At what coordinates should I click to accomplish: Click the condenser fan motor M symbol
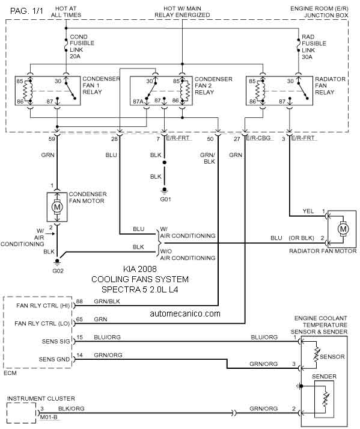[x=57, y=207]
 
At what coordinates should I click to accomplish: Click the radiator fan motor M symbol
[x=343, y=229]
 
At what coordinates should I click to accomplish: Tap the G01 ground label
[x=166, y=199]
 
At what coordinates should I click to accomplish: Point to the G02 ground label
[x=58, y=271]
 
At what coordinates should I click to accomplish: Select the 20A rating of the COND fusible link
[x=75, y=57]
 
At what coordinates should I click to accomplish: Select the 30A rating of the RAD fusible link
[x=307, y=57]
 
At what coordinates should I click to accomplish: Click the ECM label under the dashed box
[x=10, y=373]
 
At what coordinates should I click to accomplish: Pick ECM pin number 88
[x=79, y=301]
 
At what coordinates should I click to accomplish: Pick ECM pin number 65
[x=79, y=319]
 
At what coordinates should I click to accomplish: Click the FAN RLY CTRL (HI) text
[x=43, y=306]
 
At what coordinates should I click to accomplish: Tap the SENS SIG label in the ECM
[x=56, y=341]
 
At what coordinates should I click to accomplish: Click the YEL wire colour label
[x=308, y=211]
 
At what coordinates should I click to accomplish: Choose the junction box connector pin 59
[x=52, y=139]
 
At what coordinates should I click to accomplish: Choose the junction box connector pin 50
[x=210, y=139]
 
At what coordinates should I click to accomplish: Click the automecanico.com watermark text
[x=185, y=313]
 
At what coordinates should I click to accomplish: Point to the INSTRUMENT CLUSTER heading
[x=41, y=399]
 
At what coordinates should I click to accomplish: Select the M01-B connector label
[x=49, y=417]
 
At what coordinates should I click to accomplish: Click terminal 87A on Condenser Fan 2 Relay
[x=138, y=102]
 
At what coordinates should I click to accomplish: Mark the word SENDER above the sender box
[x=324, y=377]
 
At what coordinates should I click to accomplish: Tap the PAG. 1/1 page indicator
[x=26, y=11]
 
